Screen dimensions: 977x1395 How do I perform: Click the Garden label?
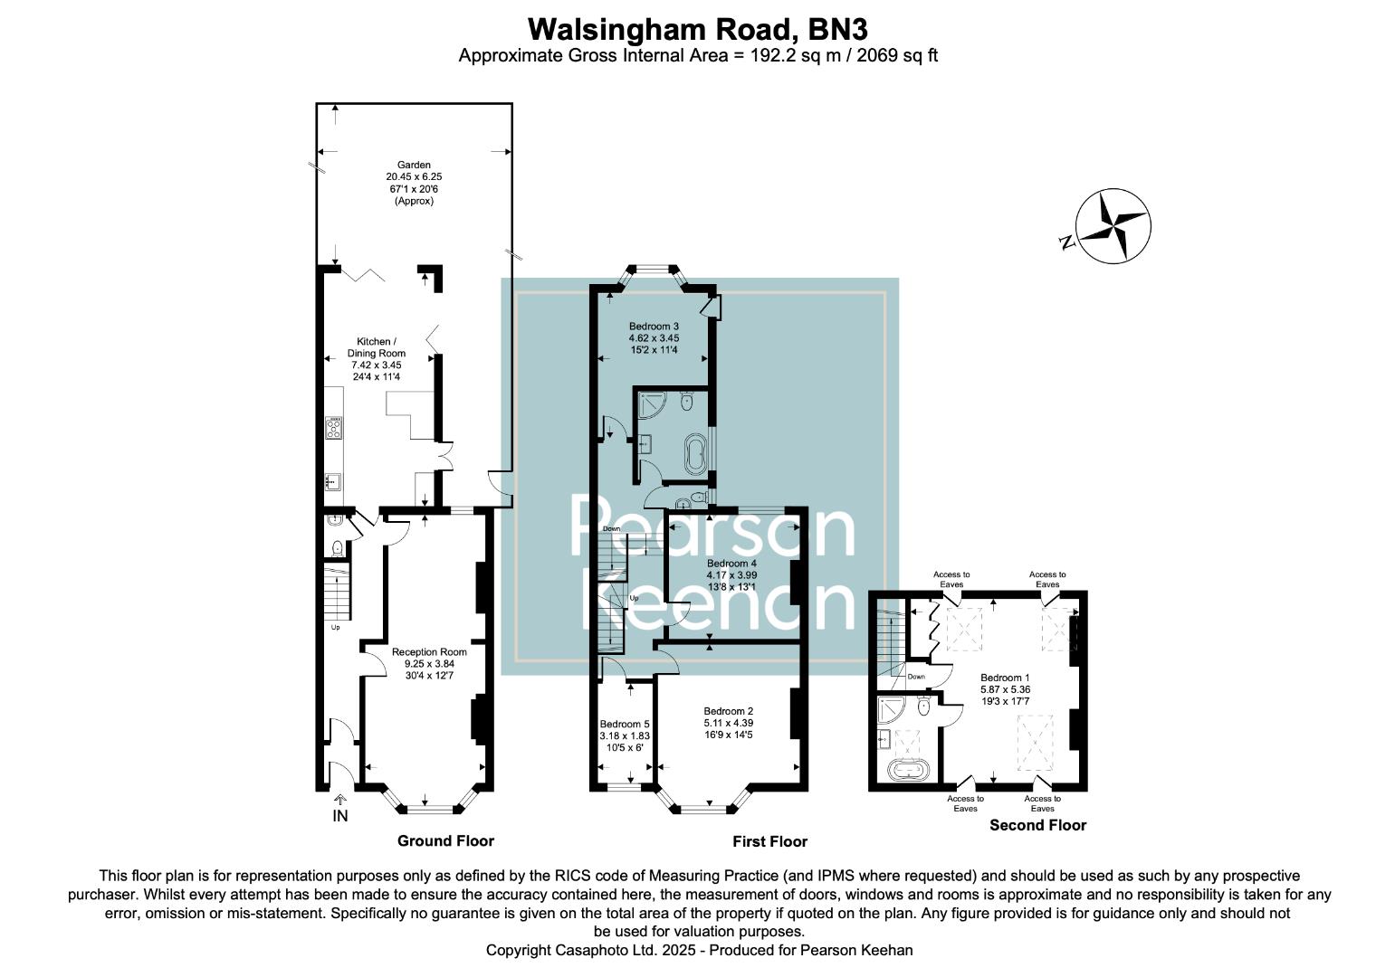pyautogui.click(x=414, y=166)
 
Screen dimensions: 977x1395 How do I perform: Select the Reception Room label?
pyautogui.click(x=429, y=651)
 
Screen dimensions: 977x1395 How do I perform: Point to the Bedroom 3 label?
pyautogui.click(x=654, y=326)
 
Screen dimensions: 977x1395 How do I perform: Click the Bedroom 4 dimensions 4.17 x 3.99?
pyautogui.click(x=731, y=574)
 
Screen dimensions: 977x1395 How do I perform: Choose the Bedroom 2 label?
pyautogui.click(x=728, y=711)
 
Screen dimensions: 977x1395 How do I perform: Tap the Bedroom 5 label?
pyautogui.click(x=625, y=724)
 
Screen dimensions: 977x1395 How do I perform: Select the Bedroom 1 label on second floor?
pyautogui.click(x=1005, y=678)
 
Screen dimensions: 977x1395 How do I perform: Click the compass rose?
pyautogui.click(x=1112, y=226)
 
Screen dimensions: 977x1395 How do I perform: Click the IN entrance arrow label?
pyautogui.click(x=340, y=815)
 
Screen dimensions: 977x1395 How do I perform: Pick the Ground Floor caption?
pyautogui.click(x=445, y=841)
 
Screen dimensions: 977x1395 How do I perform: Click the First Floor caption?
pyautogui.click(x=769, y=841)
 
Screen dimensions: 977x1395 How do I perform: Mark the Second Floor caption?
pyautogui.click(x=1037, y=825)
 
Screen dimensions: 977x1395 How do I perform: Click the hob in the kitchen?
pyautogui.click(x=334, y=427)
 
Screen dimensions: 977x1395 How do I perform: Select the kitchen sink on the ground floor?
pyautogui.click(x=332, y=481)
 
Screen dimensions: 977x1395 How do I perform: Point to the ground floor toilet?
pyautogui.click(x=337, y=547)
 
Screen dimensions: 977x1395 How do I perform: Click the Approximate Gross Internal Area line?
pyautogui.click(x=697, y=55)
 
